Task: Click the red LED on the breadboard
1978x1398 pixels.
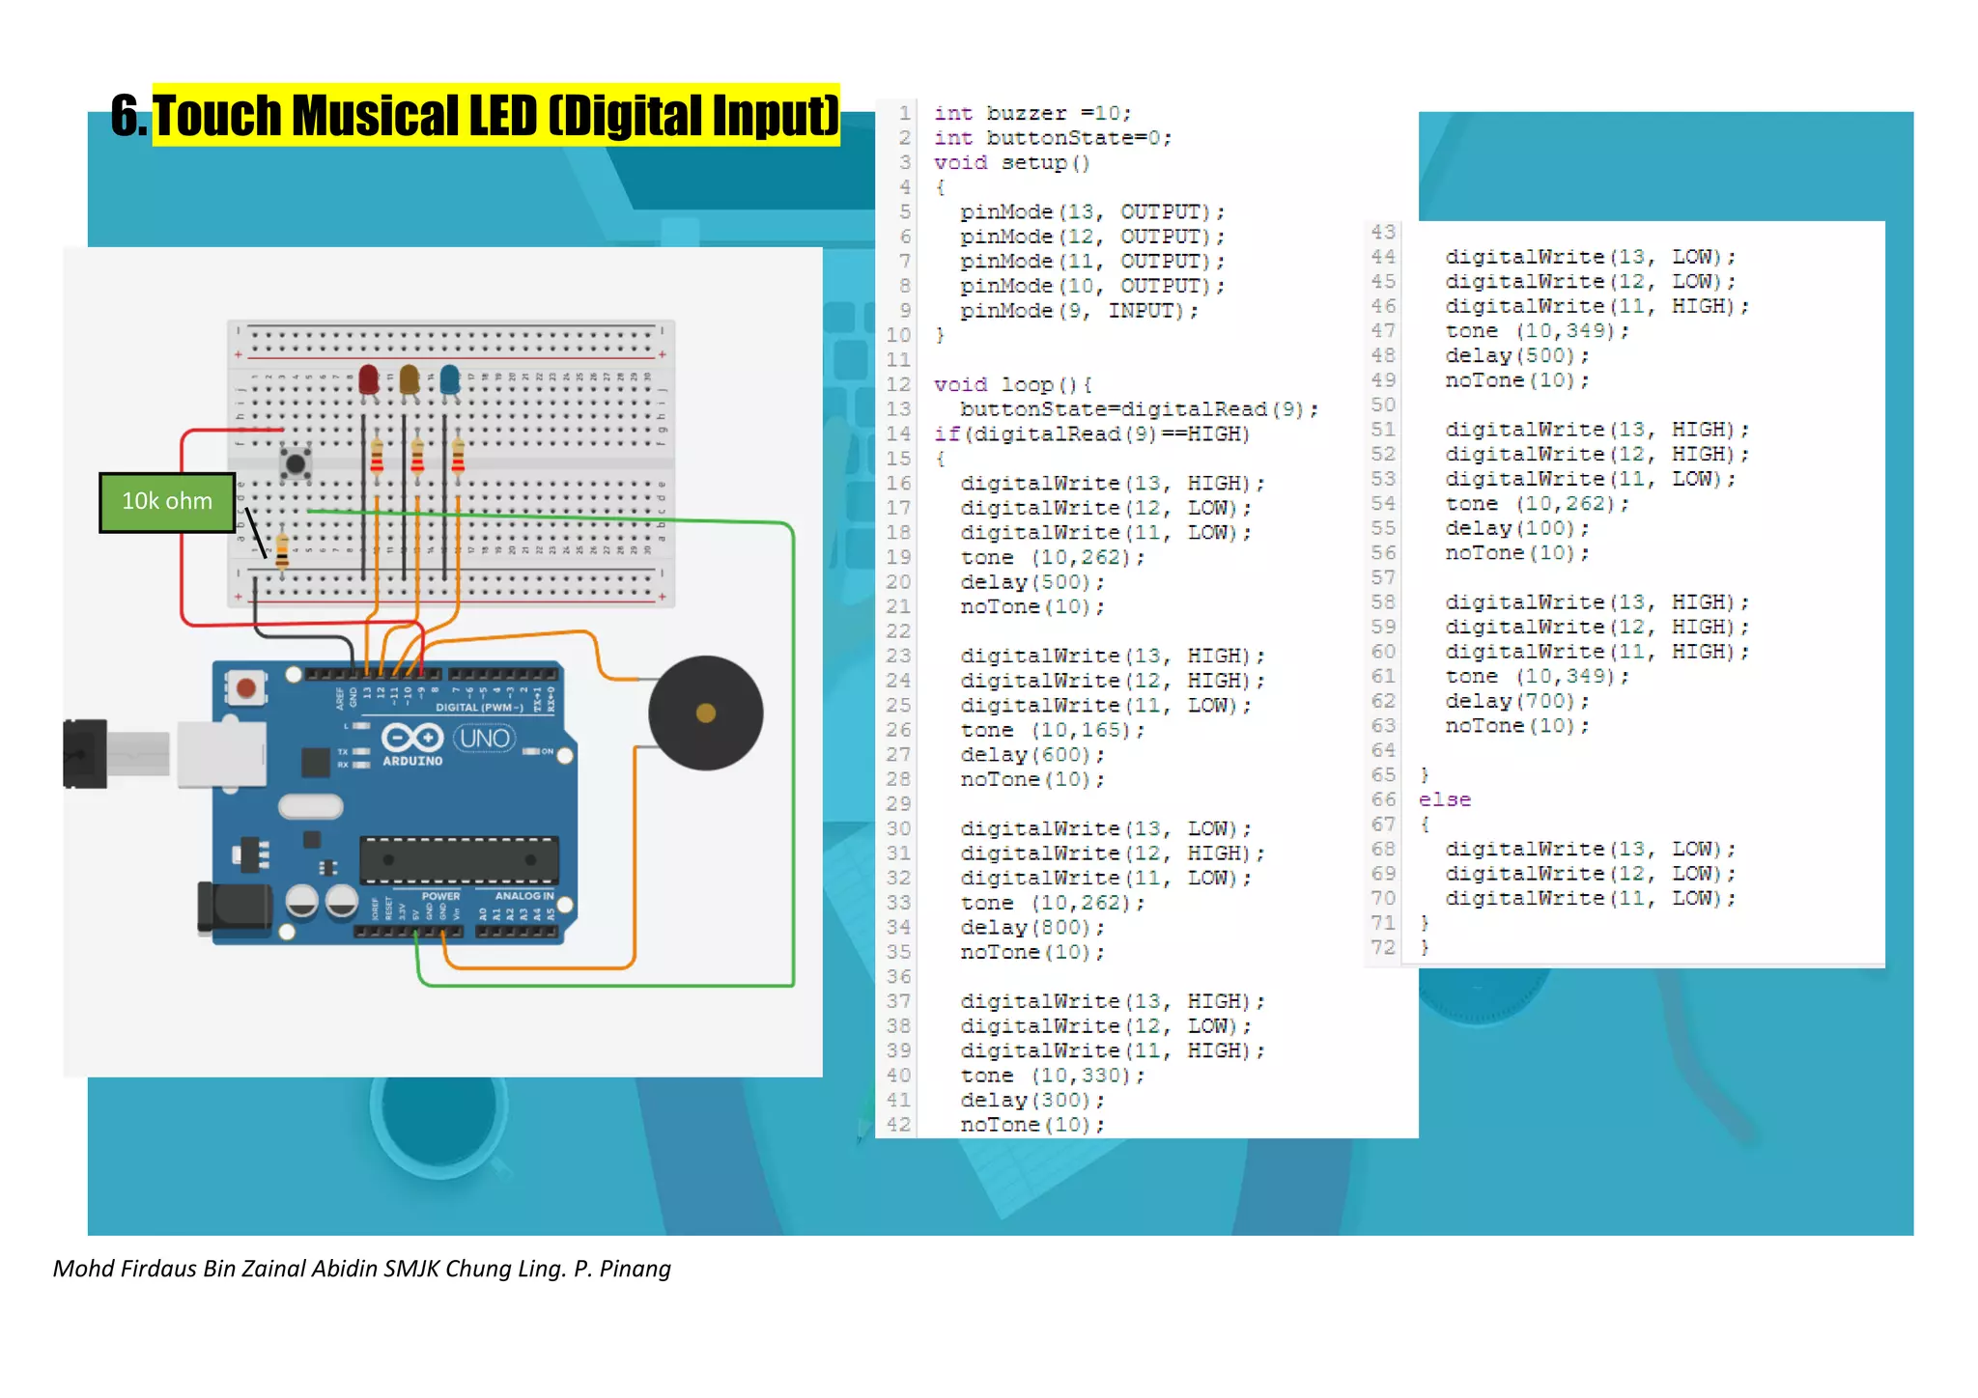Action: pos(368,378)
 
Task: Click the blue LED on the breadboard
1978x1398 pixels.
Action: pos(450,378)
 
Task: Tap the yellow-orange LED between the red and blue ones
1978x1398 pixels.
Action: pos(409,378)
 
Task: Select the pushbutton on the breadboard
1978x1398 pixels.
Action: pos(296,463)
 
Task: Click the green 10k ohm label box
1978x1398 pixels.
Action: pos(167,501)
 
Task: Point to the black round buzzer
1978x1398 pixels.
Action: pos(705,713)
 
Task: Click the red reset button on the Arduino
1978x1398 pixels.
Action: pos(246,687)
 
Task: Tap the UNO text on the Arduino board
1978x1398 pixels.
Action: pos(485,739)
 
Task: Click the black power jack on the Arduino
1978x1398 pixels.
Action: pos(234,908)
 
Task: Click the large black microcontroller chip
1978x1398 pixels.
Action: pos(459,859)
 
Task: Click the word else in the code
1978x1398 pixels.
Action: pos(1445,799)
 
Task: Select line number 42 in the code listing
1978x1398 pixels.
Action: pos(898,1124)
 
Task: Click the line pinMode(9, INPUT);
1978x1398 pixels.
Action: pos(1078,311)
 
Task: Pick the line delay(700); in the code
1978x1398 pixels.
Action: pos(1516,701)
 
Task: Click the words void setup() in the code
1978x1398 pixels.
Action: pos(1011,162)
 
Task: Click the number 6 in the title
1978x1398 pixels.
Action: pos(126,115)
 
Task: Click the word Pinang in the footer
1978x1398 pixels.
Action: pos(635,1269)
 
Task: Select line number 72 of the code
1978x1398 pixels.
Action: pos(1383,947)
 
